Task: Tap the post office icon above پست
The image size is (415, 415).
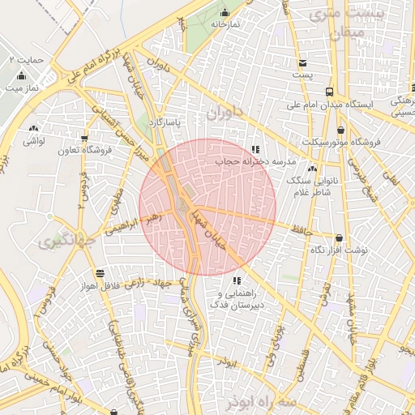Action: click(x=303, y=63)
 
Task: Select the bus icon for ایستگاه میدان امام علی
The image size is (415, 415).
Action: click(x=328, y=92)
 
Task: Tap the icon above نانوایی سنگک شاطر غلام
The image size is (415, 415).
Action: click(x=312, y=169)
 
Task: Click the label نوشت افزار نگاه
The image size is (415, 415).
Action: click(x=340, y=250)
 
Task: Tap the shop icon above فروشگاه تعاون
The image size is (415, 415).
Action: click(x=83, y=138)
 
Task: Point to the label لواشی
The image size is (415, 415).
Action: click(x=33, y=141)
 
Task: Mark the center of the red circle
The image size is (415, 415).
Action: click(x=207, y=207)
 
